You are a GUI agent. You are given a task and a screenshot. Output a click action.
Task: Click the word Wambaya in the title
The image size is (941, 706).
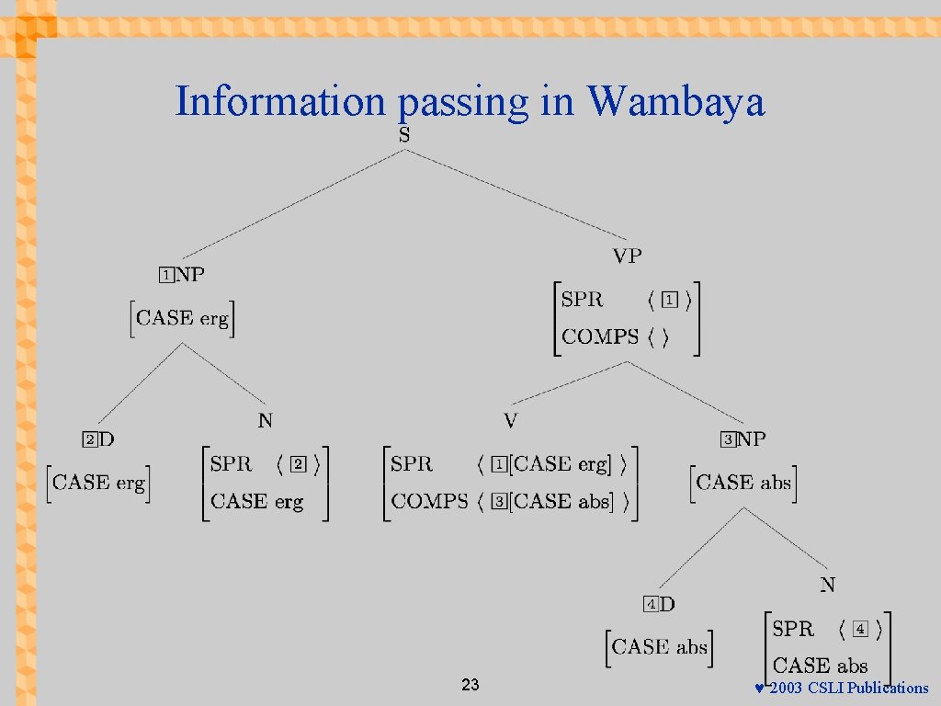click(x=676, y=101)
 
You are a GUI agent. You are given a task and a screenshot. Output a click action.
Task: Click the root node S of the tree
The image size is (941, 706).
click(x=404, y=135)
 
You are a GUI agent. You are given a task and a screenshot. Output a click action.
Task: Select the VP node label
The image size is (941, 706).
click(x=628, y=256)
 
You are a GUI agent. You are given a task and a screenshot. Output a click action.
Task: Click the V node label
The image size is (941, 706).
click(x=511, y=421)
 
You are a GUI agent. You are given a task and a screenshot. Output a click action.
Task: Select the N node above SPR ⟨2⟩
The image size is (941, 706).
click(x=266, y=421)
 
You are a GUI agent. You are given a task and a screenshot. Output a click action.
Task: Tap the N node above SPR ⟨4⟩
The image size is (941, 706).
click(x=828, y=585)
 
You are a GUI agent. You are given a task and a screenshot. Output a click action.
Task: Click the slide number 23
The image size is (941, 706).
click(x=470, y=685)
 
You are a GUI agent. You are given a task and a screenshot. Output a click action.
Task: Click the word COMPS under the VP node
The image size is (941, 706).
click(x=599, y=336)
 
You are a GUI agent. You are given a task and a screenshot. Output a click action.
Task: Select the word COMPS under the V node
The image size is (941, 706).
click(x=429, y=501)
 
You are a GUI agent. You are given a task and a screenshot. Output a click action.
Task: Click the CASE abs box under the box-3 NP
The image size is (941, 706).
click(x=743, y=482)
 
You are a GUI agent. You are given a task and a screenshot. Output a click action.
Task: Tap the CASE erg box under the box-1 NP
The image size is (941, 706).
click(x=182, y=318)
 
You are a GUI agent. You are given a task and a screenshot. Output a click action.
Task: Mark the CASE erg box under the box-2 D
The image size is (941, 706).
click(x=98, y=482)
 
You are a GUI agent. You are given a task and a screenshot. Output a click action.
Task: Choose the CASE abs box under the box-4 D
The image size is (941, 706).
click(x=659, y=646)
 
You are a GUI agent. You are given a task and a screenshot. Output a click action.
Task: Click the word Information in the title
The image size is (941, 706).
click(x=281, y=101)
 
